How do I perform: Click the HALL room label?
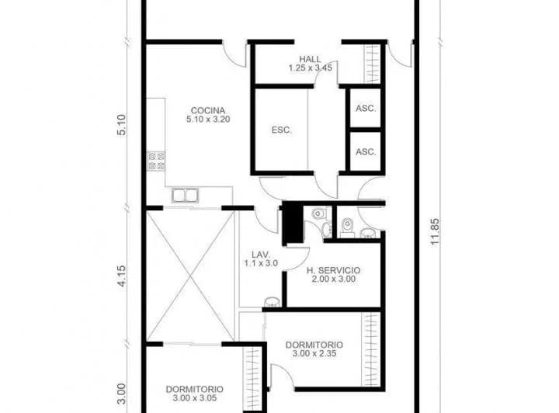[311, 59]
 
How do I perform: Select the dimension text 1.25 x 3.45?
[311, 68]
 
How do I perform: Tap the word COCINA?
[208, 109]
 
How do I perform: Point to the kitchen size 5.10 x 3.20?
[208, 120]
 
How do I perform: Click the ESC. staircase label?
[281, 130]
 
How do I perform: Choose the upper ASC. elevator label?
[366, 109]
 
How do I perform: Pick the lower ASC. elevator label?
[366, 152]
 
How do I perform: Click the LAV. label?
[260, 254]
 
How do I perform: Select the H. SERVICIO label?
[332, 270]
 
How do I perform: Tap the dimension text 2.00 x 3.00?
[332, 279]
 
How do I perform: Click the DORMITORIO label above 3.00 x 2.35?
[314, 345]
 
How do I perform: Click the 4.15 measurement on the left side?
[121, 277]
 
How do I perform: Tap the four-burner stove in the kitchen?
[156, 161]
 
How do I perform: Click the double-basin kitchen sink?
[184, 195]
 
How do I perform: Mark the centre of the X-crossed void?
[190, 276]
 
